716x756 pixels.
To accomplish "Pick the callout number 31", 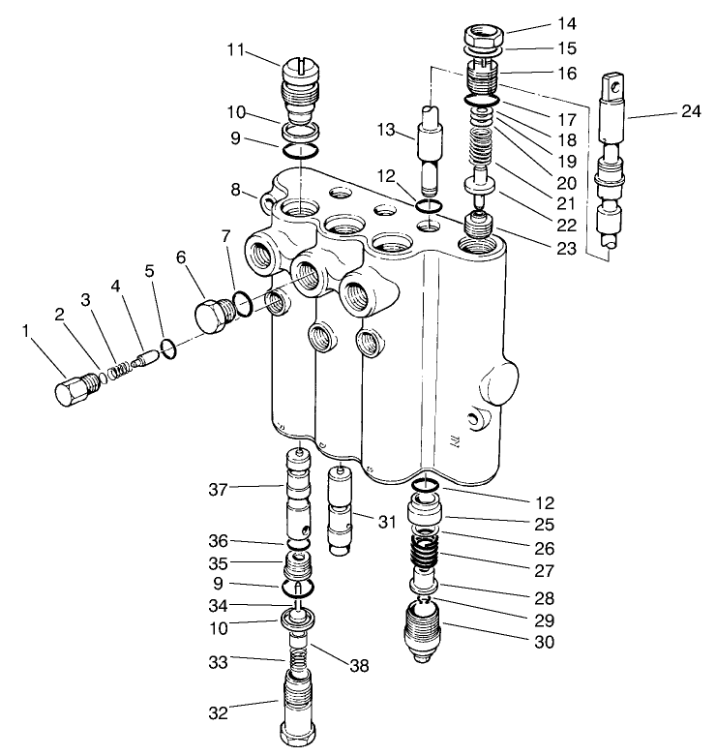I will coord(387,522).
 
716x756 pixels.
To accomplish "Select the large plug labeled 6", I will coord(212,315).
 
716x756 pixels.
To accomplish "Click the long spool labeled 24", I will coord(611,165).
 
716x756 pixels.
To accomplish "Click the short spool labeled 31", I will coord(340,509).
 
